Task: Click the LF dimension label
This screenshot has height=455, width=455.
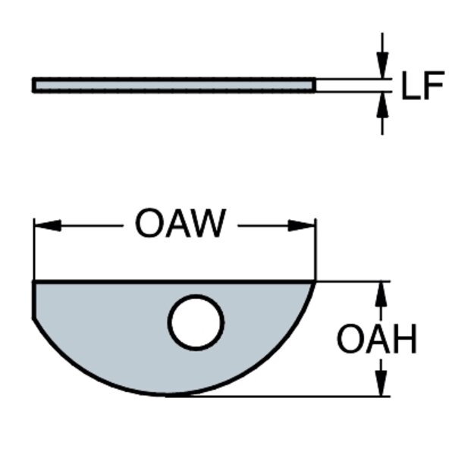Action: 422,88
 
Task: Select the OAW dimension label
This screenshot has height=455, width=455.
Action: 180,224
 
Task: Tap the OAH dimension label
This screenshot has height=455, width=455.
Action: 377,340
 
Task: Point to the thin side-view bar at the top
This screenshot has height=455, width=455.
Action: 174,85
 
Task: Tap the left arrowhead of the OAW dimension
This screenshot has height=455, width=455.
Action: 45,225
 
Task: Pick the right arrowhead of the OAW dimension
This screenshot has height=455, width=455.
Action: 302,225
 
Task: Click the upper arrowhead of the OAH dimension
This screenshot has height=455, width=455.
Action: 382,292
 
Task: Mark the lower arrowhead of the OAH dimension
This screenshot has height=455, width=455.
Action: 382,385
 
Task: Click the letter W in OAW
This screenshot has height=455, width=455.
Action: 209,224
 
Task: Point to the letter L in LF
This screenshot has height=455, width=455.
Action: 410,88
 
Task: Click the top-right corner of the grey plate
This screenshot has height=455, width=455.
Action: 314,281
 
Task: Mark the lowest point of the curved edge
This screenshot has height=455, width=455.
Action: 171,394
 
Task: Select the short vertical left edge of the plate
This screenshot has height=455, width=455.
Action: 33,300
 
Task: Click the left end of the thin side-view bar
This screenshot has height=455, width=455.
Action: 34,85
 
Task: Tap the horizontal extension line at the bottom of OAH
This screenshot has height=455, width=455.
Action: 288,396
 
